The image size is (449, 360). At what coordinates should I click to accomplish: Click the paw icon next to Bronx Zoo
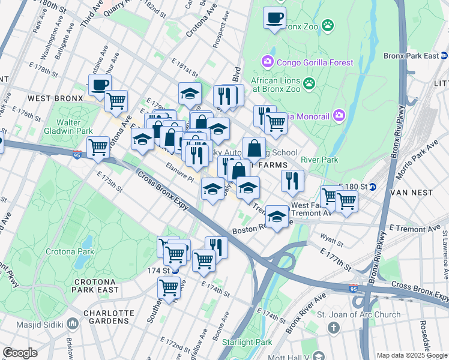[x=328, y=25]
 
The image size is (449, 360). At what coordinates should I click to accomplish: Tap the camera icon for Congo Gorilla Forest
[x=267, y=61]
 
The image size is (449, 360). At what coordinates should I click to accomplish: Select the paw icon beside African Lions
[x=309, y=82]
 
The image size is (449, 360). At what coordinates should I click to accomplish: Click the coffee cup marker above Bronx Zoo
[x=274, y=18]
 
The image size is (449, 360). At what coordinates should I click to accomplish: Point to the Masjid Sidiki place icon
[x=73, y=325]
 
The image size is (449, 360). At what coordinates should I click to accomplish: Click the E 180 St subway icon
[x=372, y=187]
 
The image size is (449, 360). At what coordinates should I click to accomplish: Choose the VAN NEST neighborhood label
[x=411, y=193]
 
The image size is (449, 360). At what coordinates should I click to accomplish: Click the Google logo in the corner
[x=20, y=353]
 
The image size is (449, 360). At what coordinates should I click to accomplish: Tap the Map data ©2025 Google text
[x=411, y=355]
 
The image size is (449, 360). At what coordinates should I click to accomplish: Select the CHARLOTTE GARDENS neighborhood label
[x=108, y=317]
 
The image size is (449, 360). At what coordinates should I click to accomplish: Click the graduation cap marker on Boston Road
[x=277, y=217]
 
